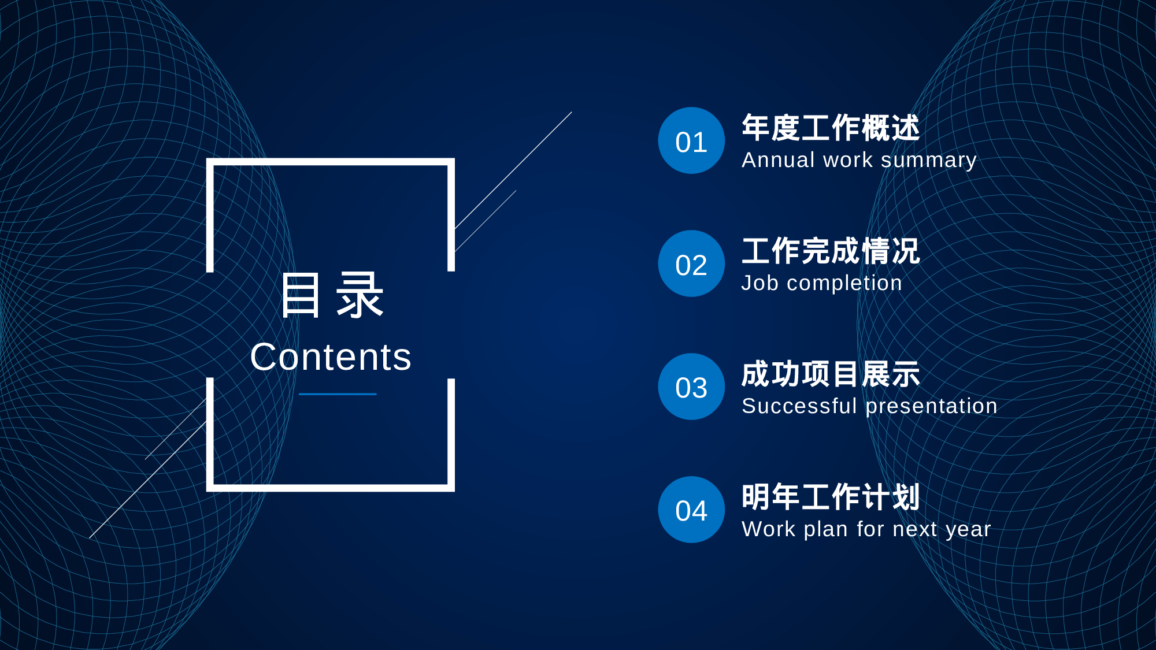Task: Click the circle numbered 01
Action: point(691,140)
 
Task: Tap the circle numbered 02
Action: point(691,263)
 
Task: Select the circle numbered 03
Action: point(691,387)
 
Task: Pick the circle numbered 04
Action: point(691,510)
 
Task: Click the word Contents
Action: point(331,357)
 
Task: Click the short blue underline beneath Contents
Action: point(338,394)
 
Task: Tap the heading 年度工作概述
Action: point(831,128)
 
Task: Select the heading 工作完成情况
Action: point(831,251)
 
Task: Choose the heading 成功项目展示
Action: point(831,374)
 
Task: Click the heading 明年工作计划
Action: point(831,497)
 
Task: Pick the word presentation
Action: point(932,407)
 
